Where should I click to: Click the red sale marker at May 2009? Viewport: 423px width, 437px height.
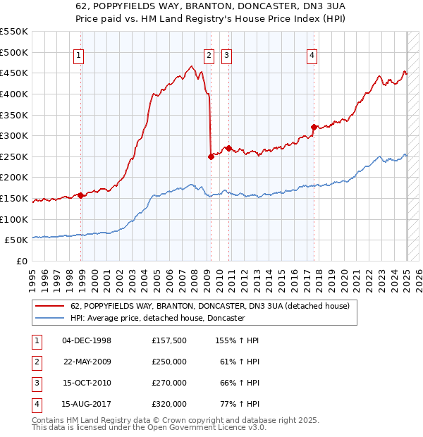(x=211, y=156)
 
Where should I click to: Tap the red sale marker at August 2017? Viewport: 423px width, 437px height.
(x=314, y=128)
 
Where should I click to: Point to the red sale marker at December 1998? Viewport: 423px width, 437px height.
(x=81, y=195)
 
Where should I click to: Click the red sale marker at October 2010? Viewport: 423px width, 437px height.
(x=228, y=148)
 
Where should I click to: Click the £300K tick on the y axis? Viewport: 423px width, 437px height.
(x=13, y=135)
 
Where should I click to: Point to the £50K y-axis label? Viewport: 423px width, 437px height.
(x=16, y=240)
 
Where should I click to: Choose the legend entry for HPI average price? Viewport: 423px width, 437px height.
(x=157, y=319)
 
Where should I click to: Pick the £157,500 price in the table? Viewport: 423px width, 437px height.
(x=169, y=340)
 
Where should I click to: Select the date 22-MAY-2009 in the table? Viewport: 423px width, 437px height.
(x=87, y=362)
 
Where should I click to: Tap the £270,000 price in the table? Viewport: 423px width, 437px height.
(x=169, y=383)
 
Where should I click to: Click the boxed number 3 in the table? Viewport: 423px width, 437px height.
(x=35, y=383)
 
